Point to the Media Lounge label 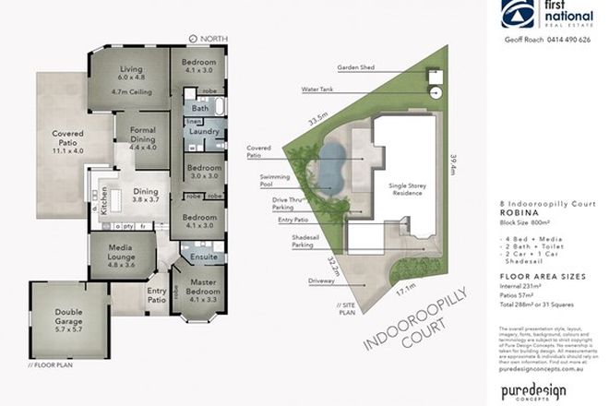tap(121, 250)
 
